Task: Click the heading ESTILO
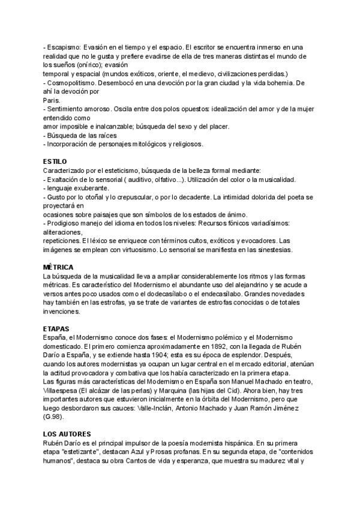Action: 55,162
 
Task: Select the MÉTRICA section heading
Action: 58,267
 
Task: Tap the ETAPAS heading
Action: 56,329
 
